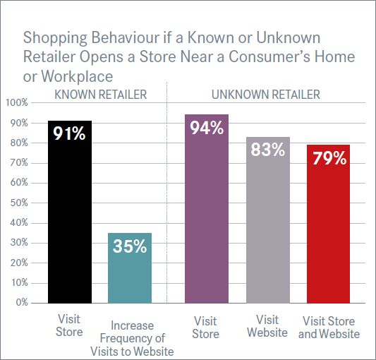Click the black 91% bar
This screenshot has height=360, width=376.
[70, 212]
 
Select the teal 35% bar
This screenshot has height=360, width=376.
[130, 268]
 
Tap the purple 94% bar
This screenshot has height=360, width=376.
[207, 209]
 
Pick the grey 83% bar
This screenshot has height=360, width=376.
[268, 220]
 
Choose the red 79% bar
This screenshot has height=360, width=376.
[328, 224]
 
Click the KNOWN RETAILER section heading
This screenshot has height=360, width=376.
[101, 95]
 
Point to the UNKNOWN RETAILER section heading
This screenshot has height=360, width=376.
[266, 95]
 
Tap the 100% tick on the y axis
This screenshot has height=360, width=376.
[17, 103]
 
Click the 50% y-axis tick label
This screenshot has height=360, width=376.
[19, 203]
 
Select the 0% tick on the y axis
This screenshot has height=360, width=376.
[22, 302]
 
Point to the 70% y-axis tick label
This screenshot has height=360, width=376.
[19, 163]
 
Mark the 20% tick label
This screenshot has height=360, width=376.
[19, 263]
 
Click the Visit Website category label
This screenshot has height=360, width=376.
[267, 326]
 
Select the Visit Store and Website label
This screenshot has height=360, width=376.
[329, 328]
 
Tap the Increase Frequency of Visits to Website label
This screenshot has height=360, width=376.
[132, 338]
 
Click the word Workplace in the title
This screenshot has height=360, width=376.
[77, 76]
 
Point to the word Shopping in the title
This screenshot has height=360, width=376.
[55, 38]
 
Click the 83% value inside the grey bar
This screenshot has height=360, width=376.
[268, 149]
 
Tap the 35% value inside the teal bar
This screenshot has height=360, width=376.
[130, 246]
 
